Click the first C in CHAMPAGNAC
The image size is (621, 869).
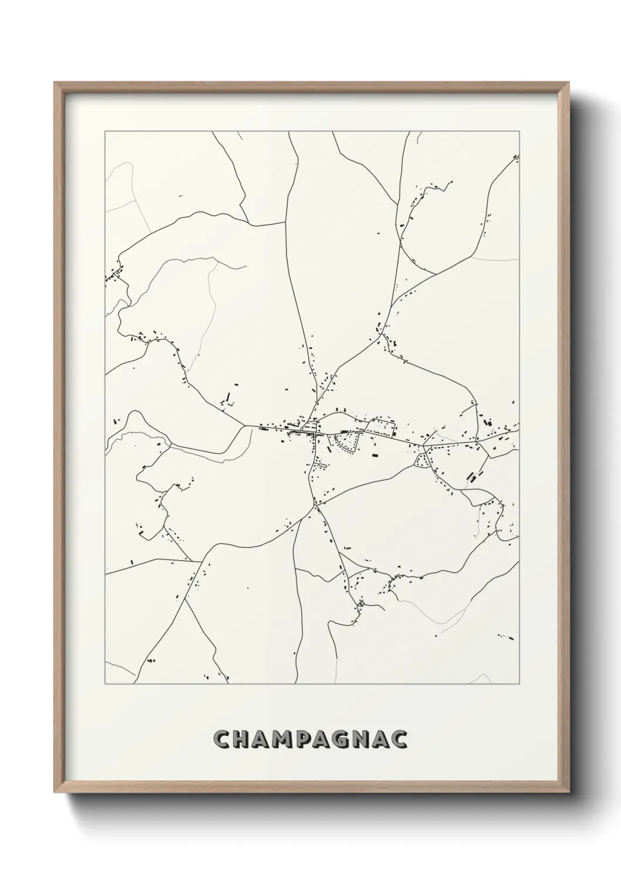221,739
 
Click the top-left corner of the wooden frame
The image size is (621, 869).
55,83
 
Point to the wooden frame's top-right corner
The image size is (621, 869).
567,83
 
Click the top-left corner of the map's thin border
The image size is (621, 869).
105,132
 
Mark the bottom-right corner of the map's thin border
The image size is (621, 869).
520,684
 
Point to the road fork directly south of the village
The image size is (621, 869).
316,504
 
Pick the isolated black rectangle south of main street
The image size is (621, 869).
374,453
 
